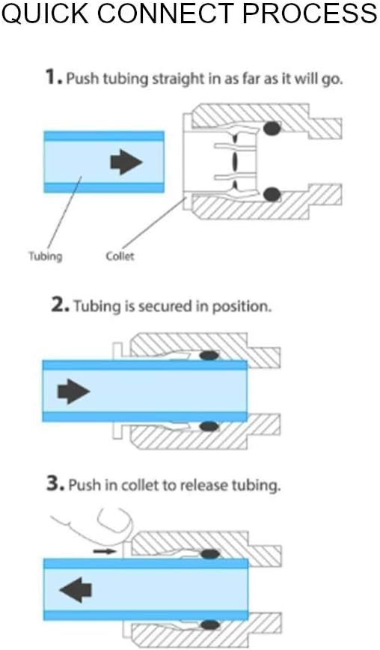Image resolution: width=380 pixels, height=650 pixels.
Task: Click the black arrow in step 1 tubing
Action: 126,162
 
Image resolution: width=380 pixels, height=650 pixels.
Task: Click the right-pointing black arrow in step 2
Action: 73,391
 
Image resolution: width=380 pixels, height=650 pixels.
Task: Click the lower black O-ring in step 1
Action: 272,195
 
